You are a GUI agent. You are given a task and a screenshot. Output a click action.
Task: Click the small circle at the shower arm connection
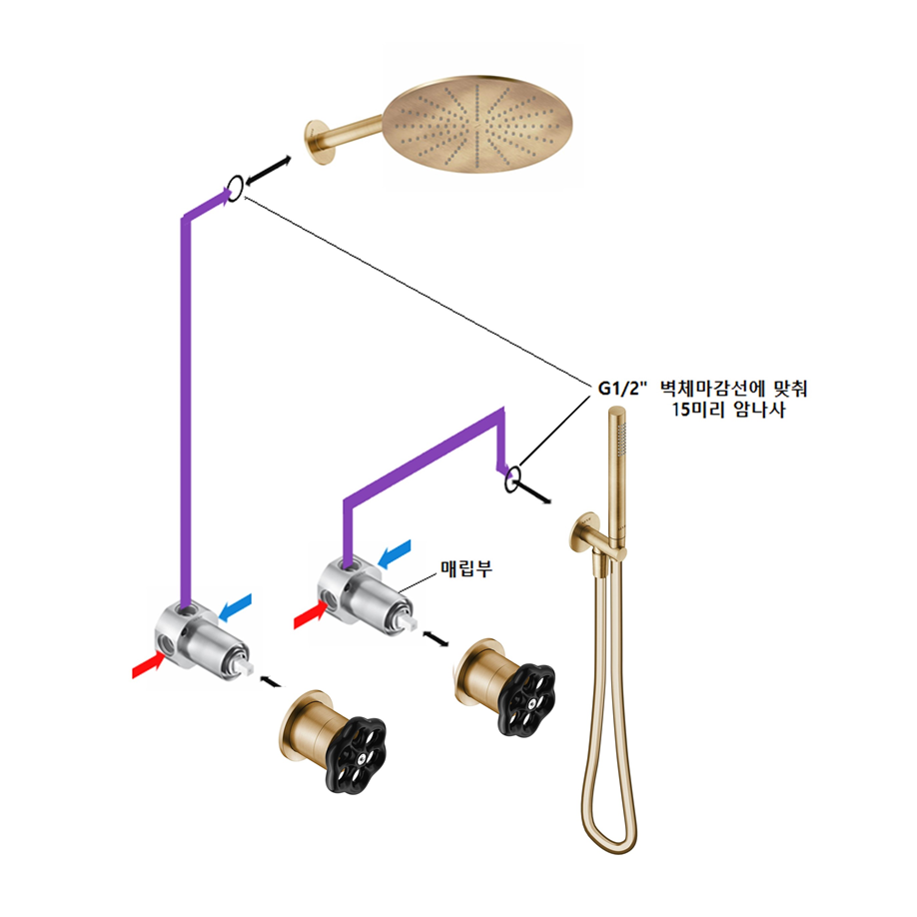(234, 186)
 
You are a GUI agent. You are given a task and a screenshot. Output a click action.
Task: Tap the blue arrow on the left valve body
(236, 607)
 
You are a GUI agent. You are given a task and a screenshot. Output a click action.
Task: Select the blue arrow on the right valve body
(395, 550)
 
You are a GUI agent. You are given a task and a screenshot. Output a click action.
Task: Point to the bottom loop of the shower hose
(608, 834)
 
